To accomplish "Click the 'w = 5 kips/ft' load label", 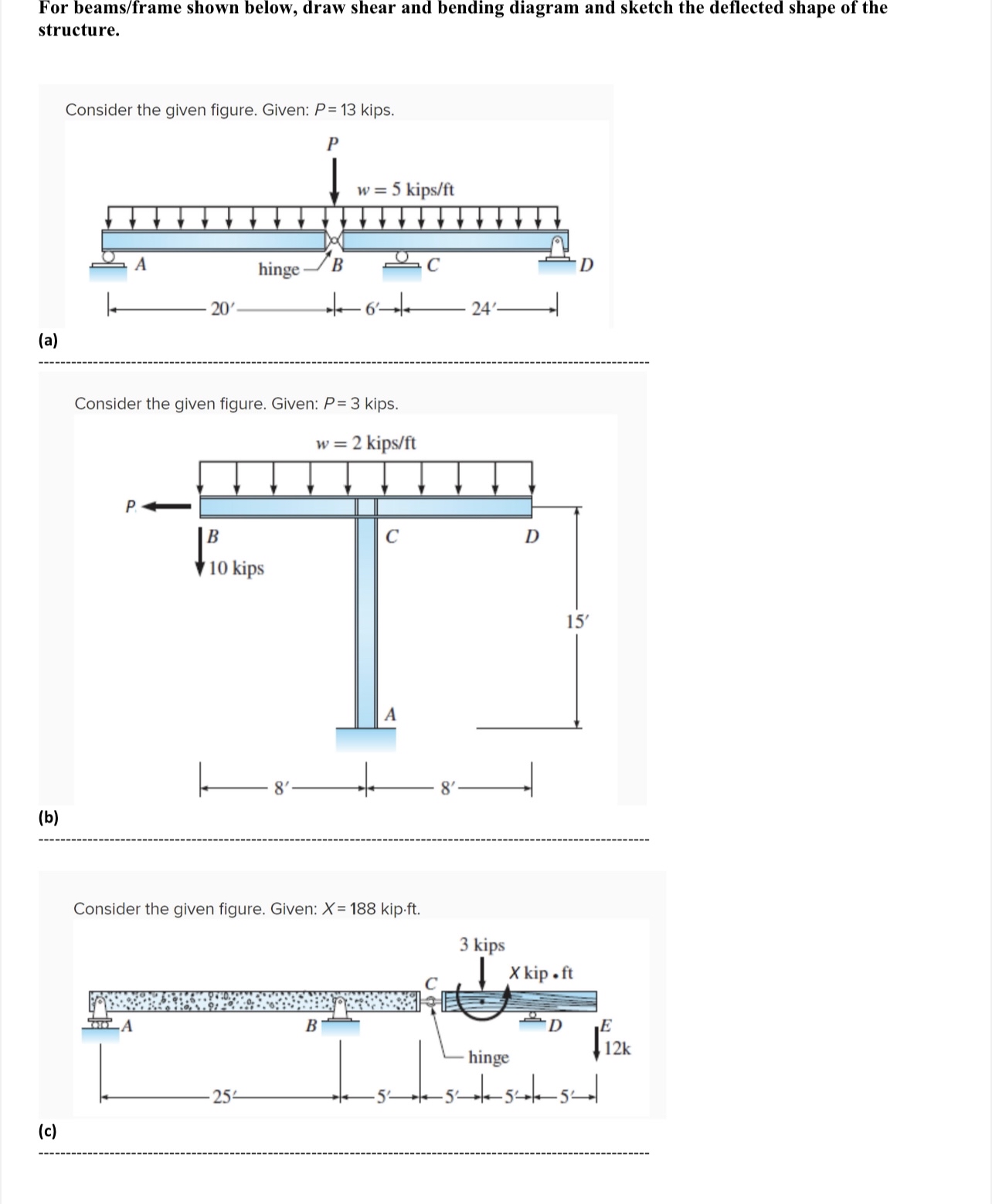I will (x=405, y=189).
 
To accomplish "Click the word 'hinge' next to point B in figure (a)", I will (x=278, y=270).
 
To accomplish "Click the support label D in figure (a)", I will (x=586, y=266).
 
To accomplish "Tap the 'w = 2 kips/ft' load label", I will (x=365, y=443).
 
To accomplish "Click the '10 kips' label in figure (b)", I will (x=236, y=568).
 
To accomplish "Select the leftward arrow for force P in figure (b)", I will (x=168, y=507).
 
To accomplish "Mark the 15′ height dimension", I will (x=576, y=622).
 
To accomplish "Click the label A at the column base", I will (x=390, y=715).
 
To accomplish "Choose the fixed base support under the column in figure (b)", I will (x=365, y=738).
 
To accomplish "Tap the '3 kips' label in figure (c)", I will (x=482, y=945).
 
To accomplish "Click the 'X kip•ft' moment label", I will (x=541, y=972).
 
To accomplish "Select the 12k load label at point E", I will (x=617, y=1048).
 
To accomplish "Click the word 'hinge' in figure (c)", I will (x=488, y=1057).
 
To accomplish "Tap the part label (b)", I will (x=49, y=817).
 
